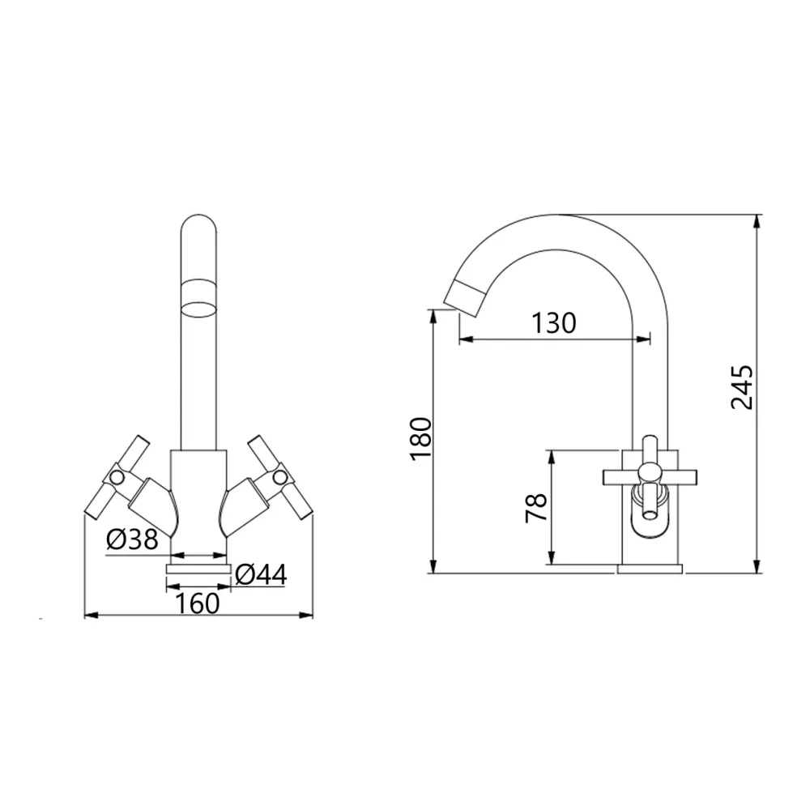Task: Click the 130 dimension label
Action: [x=553, y=323]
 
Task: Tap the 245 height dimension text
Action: [x=742, y=387]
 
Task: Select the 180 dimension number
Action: [x=420, y=438]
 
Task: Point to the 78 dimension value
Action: [x=536, y=508]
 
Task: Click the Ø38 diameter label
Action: [x=132, y=539]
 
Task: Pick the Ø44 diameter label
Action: [x=261, y=574]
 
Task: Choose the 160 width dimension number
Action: [x=198, y=603]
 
